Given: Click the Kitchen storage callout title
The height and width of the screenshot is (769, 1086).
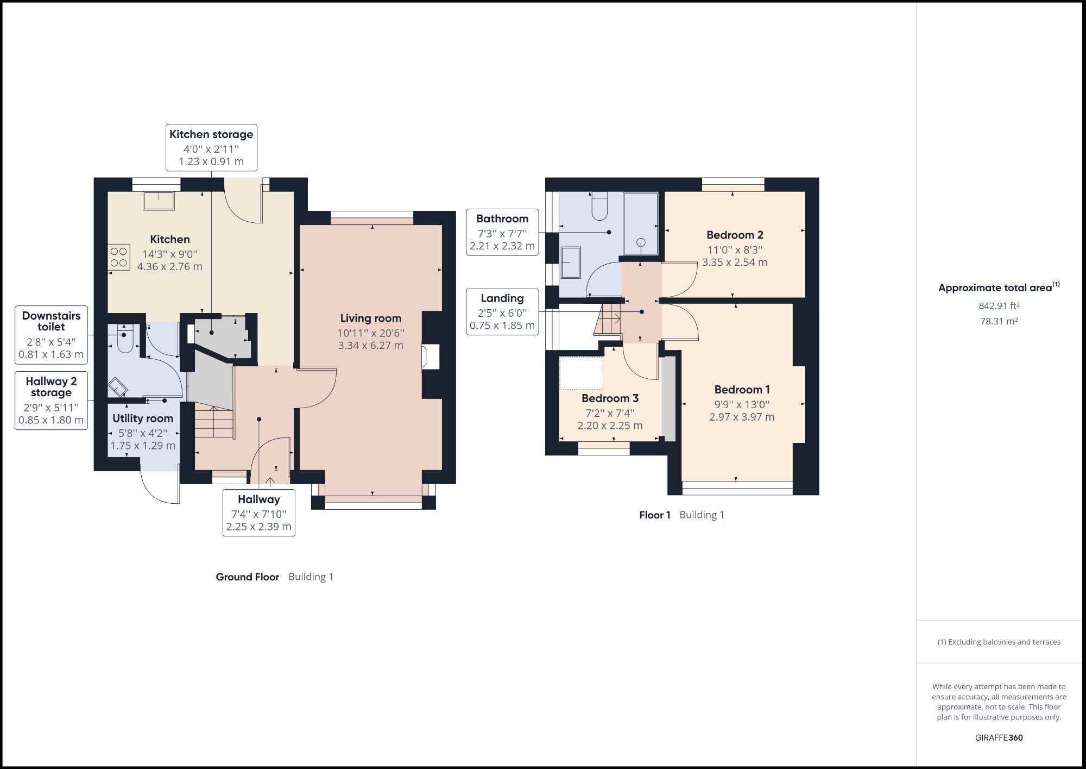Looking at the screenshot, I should (x=211, y=134).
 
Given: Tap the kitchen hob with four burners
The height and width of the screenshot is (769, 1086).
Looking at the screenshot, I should (x=119, y=258).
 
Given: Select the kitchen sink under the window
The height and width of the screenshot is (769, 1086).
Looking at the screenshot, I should (x=159, y=201).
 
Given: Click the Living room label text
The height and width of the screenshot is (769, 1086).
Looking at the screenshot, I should (x=371, y=318).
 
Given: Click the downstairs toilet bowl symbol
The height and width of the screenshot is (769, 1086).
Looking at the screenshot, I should (x=125, y=341).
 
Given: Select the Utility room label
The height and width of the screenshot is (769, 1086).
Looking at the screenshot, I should (x=143, y=418).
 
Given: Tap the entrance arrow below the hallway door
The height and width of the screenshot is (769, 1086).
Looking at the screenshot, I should (x=270, y=480).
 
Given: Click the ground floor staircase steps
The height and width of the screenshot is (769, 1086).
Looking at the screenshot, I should (x=214, y=422).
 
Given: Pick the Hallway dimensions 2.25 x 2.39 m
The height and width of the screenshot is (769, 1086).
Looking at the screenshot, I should (x=259, y=527).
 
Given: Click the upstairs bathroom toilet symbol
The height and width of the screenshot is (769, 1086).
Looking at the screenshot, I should (x=599, y=206).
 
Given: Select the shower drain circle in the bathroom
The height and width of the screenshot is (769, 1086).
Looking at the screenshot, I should (x=641, y=243).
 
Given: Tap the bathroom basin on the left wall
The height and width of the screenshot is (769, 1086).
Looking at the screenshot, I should (x=571, y=262).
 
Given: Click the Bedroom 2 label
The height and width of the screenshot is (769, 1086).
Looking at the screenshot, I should (x=735, y=235).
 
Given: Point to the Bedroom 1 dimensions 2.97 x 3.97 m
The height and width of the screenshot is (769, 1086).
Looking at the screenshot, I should (x=742, y=417).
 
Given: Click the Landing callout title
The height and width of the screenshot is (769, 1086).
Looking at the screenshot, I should (x=502, y=298).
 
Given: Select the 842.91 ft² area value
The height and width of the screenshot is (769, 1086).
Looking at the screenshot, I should (x=999, y=306).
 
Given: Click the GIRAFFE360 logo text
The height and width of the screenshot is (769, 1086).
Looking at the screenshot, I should (x=999, y=737).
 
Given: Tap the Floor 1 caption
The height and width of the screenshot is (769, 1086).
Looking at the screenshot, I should (x=655, y=515).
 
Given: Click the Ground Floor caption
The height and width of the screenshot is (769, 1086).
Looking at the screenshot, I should (x=248, y=577).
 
